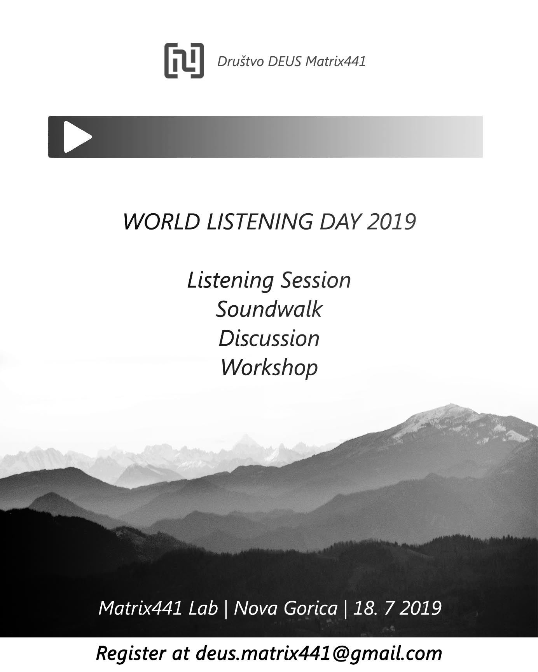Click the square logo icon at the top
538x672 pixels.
click(x=184, y=60)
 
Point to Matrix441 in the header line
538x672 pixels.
click(x=335, y=61)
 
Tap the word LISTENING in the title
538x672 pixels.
click(x=259, y=221)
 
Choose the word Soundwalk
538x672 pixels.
click(x=269, y=309)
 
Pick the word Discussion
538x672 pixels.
click(x=269, y=338)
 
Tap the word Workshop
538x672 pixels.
click(x=269, y=367)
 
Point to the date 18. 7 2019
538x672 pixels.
click(x=397, y=608)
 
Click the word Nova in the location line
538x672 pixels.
click(x=257, y=608)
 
